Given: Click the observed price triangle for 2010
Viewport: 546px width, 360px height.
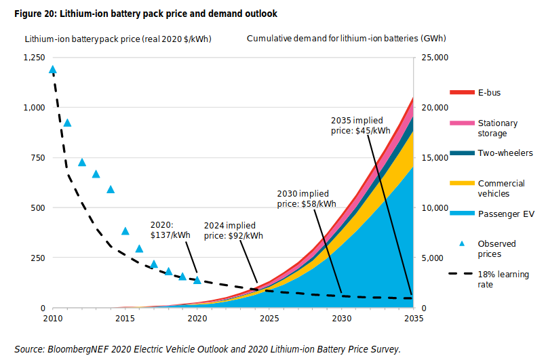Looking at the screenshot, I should [x=53, y=70].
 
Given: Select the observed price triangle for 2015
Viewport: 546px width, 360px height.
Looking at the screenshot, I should [x=125, y=231].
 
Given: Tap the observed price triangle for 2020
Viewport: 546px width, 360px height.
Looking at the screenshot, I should [x=197, y=280].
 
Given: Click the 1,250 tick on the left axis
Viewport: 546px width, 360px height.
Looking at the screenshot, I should [x=34, y=58].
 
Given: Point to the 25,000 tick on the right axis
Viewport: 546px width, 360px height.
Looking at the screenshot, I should [x=432, y=58].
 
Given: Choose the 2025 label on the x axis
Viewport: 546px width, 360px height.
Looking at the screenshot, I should [x=269, y=317].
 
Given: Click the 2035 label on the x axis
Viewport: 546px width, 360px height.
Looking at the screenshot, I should [x=413, y=317].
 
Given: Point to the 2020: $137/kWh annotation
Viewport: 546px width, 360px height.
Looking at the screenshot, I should [x=170, y=231].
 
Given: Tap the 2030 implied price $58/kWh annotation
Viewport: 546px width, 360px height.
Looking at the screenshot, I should [x=307, y=198].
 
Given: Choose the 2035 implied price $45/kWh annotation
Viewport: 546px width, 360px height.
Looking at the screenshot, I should [x=361, y=125].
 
